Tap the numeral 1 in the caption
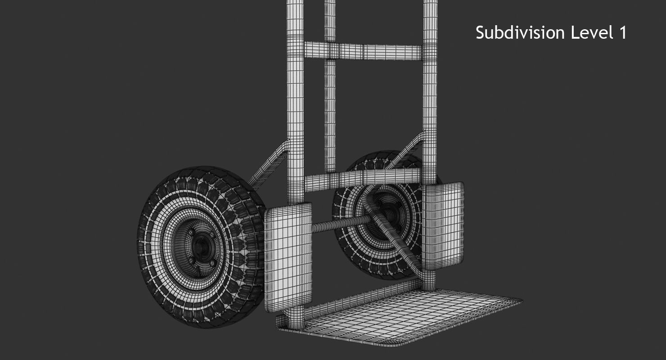pyautogui.click(x=622, y=33)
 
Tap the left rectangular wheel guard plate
pyautogui.click(x=288, y=256)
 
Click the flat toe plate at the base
pyautogui.click(x=396, y=315)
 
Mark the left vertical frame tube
pyautogui.click(x=295, y=90)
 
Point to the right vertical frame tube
pyautogui.click(x=430, y=90)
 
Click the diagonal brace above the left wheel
pyautogui.click(x=269, y=166)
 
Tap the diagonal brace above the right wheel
pyautogui.click(x=407, y=151)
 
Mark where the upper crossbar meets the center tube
pyautogui.click(x=330, y=50)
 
